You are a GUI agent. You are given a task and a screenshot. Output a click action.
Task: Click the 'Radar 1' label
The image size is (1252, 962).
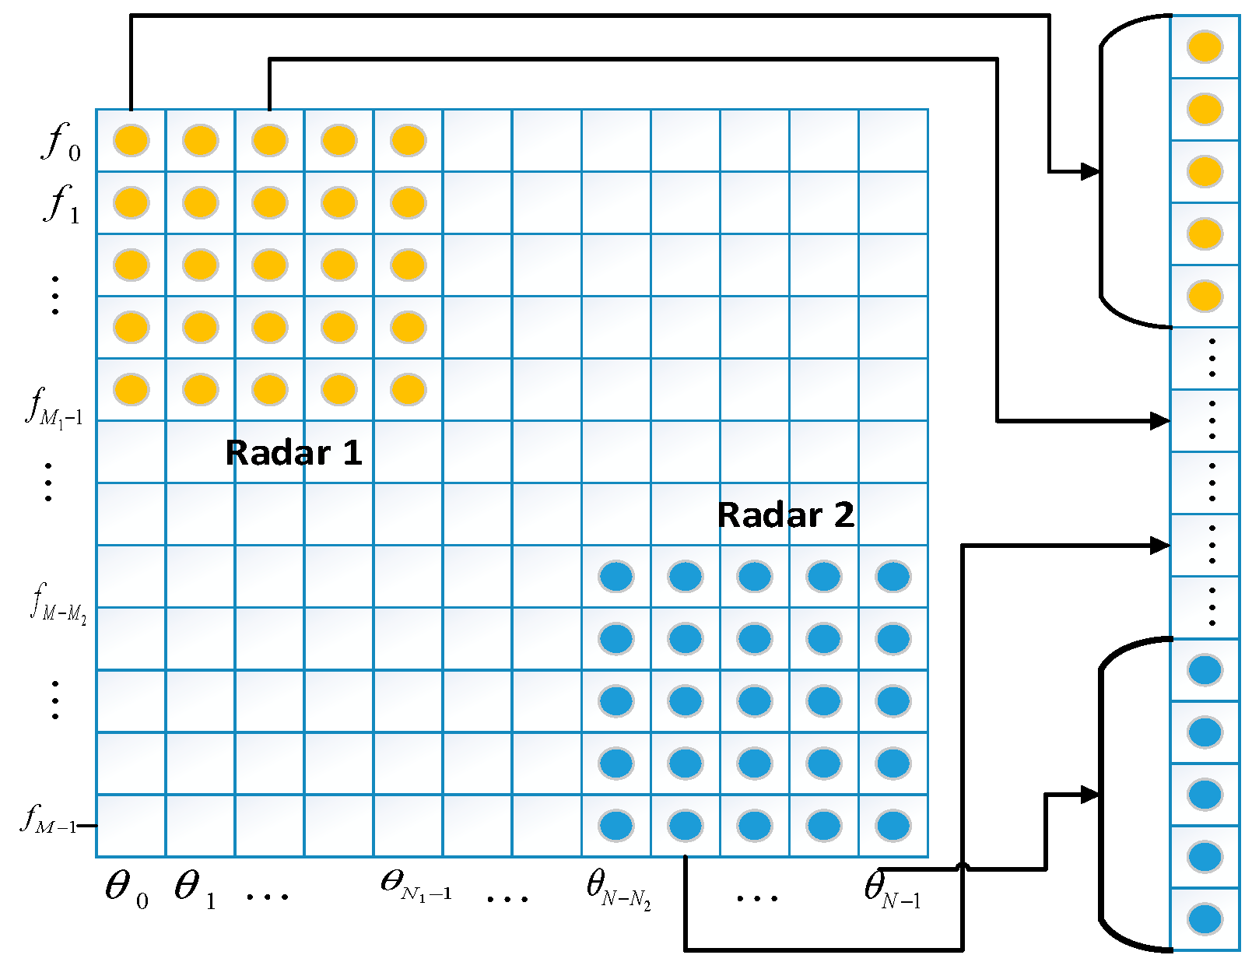(x=293, y=453)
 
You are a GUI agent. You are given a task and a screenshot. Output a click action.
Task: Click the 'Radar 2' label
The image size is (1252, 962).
(x=785, y=515)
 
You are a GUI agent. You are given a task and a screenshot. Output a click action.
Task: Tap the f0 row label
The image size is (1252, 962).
(x=61, y=142)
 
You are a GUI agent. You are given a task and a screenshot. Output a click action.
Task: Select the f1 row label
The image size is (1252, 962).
(x=61, y=205)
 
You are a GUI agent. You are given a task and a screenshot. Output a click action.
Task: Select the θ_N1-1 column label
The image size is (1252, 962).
(x=416, y=885)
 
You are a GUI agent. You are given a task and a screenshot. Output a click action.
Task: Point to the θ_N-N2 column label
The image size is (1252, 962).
(x=618, y=889)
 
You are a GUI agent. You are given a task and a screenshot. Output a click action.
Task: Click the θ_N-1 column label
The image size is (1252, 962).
(x=892, y=889)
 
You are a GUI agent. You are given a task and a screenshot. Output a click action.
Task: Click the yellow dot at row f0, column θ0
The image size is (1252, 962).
(x=131, y=141)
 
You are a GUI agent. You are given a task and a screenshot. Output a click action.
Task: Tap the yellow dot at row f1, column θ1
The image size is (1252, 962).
(x=200, y=203)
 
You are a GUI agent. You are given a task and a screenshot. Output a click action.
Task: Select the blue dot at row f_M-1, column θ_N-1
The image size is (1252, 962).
(x=893, y=826)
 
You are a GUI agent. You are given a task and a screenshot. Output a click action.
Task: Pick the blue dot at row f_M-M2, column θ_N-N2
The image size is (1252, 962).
(x=616, y=577)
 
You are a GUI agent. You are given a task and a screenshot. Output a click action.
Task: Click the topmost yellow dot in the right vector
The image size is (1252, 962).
(x=1205, y=47)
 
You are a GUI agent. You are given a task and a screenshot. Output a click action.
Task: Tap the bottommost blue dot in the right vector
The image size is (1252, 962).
(x=1205, y=919)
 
